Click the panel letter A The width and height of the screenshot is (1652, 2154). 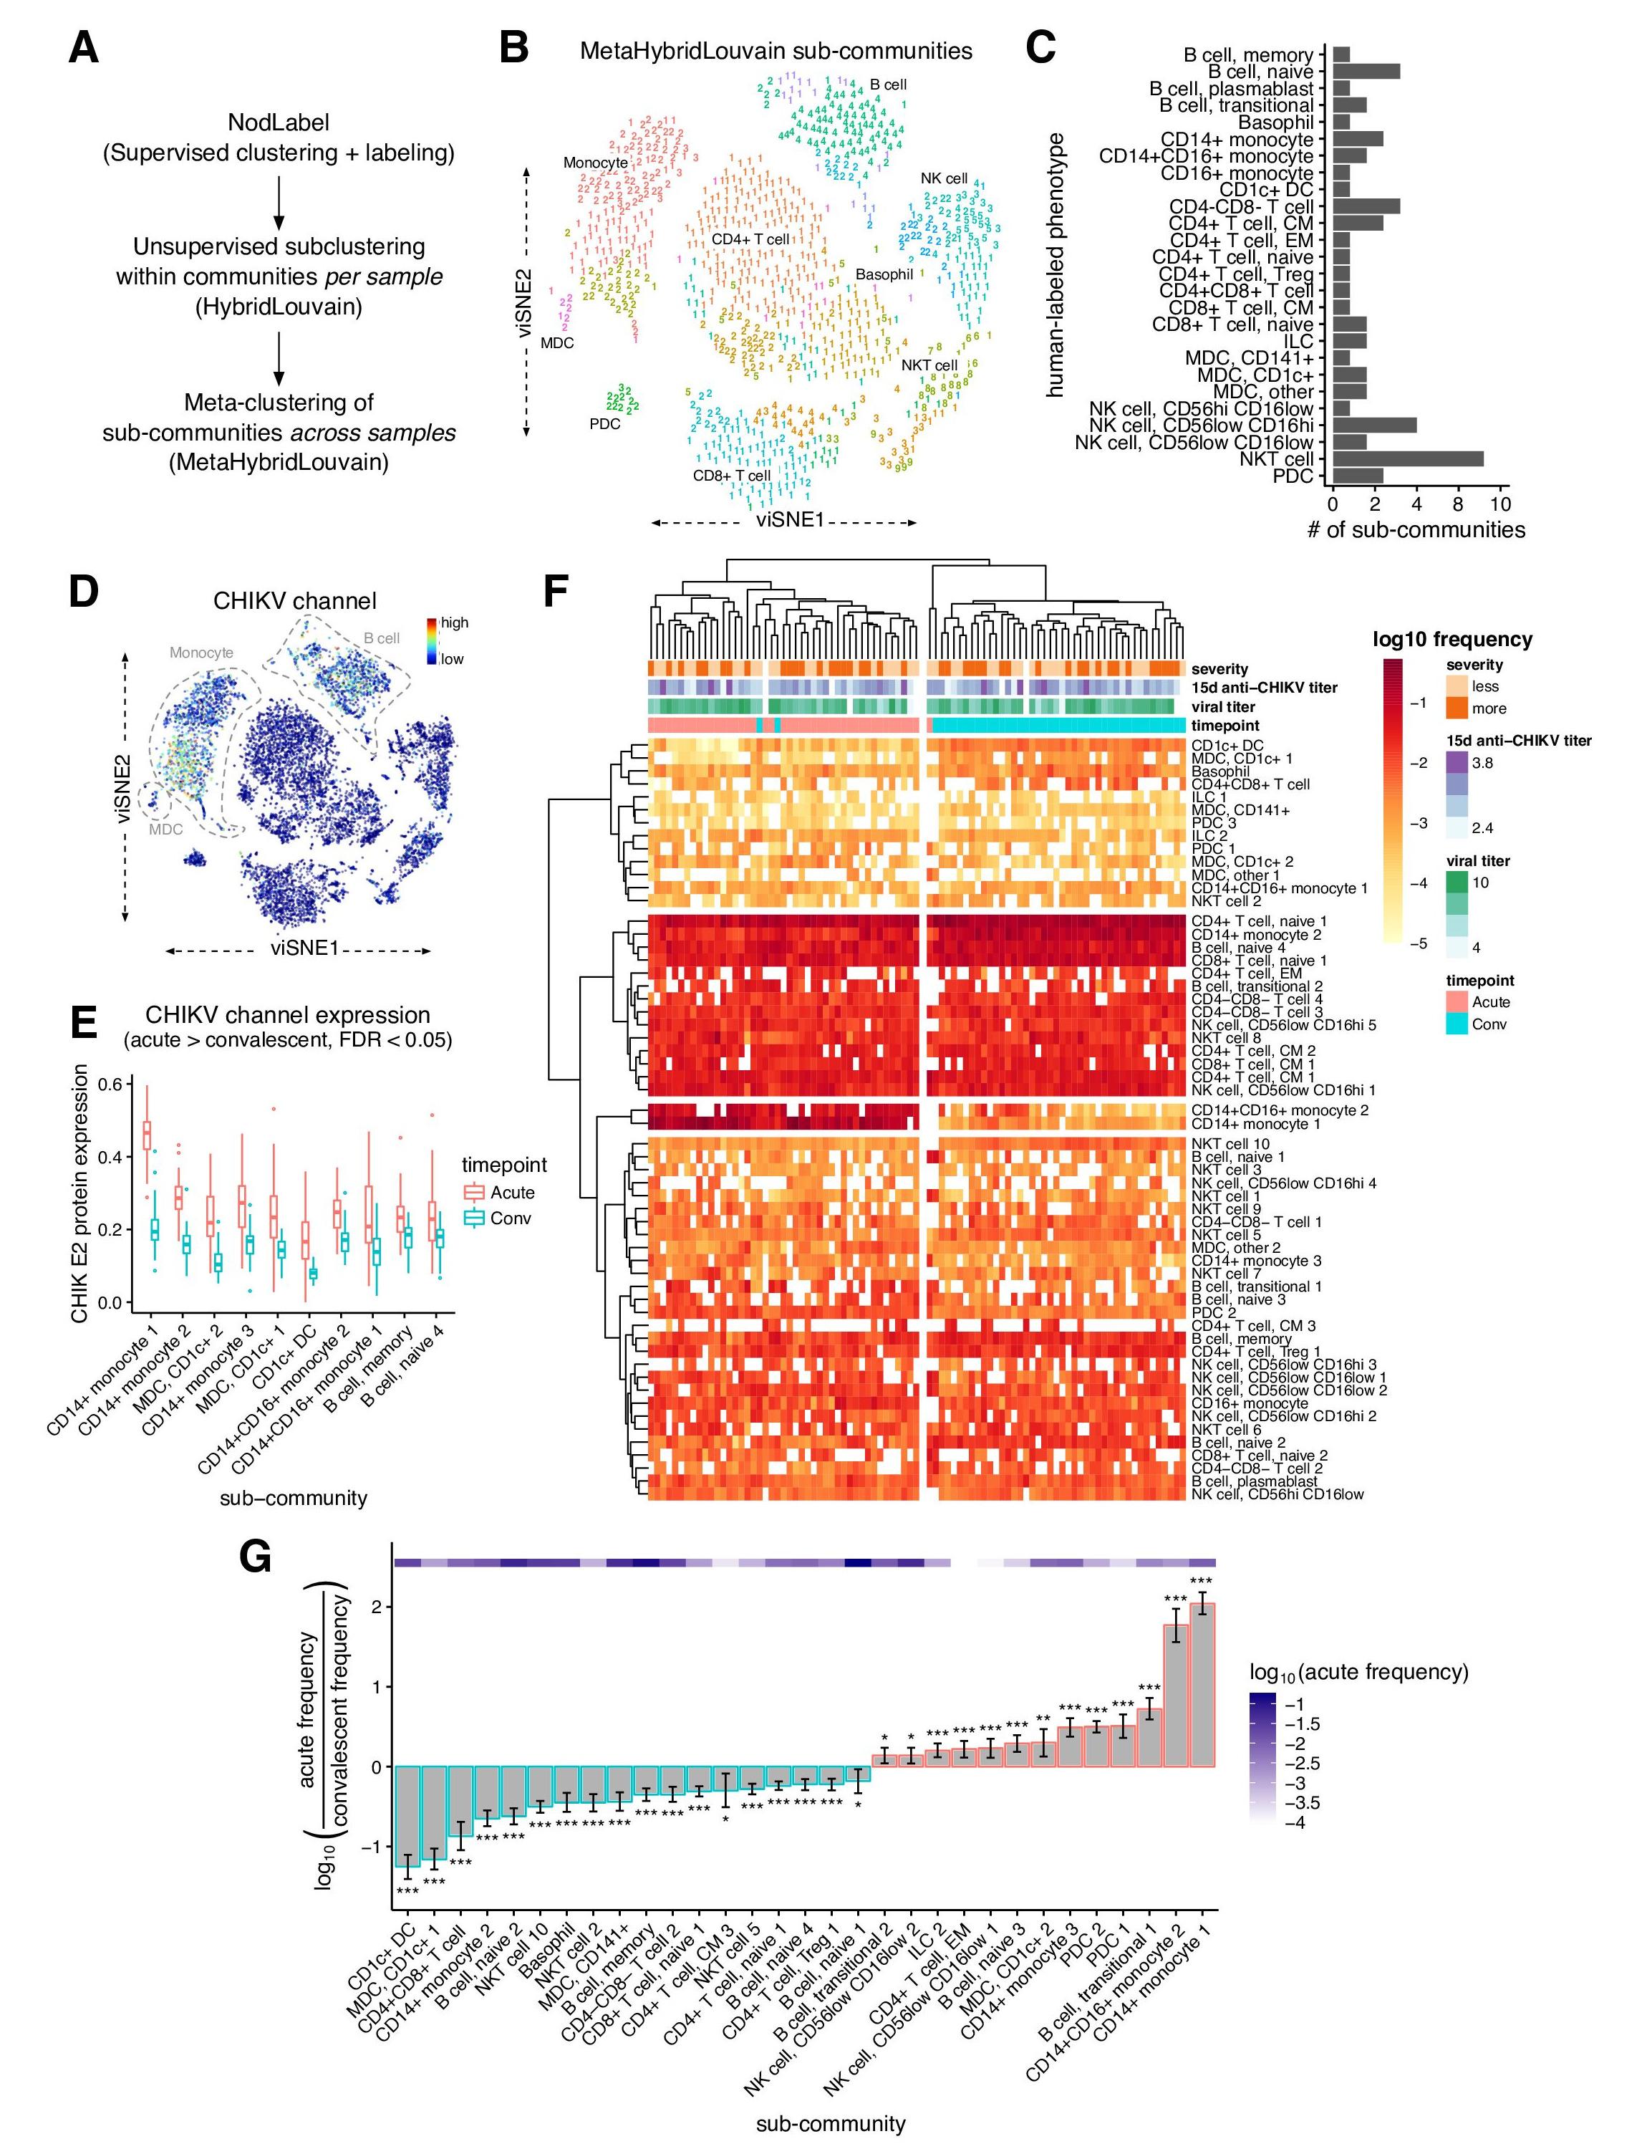[x=84, y=47]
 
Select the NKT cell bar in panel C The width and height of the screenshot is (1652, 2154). [x=1407, y=458]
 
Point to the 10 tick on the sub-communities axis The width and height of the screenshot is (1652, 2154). [x=1499, y=504]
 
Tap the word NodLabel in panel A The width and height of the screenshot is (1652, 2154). [x=279, y=123]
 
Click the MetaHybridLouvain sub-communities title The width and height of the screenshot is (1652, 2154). [x=775, y=51]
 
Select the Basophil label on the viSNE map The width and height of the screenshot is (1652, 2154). [x=884, y=274]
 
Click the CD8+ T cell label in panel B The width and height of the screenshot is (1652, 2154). [x=732, y=476]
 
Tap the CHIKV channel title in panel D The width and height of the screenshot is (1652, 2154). [x=294, y=601]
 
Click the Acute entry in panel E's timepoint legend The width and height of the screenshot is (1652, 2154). [x=512, y=1192]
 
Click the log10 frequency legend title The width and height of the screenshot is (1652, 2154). [x=1451, y=639]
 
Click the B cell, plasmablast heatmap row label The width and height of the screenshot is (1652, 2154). [x=1254, y=1481]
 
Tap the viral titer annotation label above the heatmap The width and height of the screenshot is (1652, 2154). [x=1222, y=706]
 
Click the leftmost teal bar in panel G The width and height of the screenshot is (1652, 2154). [x=407, y=1816]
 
